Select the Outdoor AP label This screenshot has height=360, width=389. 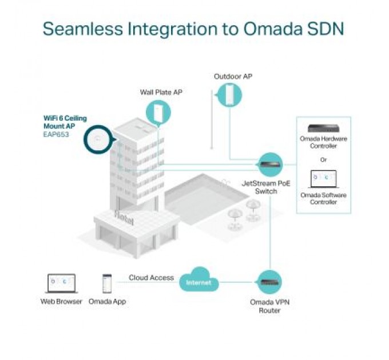point(233,76)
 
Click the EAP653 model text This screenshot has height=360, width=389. point(56,135)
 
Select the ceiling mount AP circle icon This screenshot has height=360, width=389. point(100,139)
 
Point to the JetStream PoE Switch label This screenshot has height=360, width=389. point(267,187)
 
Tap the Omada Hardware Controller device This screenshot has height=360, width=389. point(323,128)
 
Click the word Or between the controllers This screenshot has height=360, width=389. point(323,159)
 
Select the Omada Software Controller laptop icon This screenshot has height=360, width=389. point(323,179)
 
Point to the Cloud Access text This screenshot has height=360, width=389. point(151,278)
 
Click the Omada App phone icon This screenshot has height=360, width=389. point(107,283)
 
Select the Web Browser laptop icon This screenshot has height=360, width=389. point(61,283)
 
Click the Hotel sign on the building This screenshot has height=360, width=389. point(124,217)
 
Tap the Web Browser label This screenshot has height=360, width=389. point(61,301)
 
